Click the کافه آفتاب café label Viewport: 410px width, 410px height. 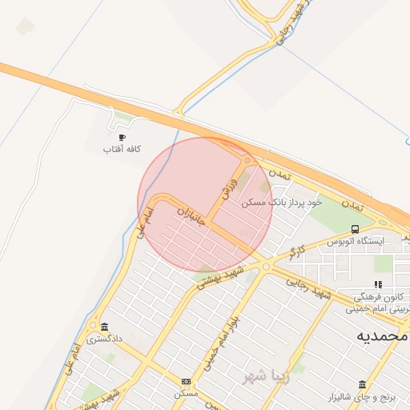122,150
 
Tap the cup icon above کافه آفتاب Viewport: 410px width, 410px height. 122,138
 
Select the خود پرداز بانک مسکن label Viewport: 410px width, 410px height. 281,203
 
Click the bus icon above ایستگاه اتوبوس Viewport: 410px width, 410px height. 356,229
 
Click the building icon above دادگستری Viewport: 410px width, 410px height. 105,327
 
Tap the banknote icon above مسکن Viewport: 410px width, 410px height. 187,382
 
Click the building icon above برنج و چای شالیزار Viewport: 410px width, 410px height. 363,384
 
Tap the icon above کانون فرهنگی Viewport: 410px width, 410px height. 378,284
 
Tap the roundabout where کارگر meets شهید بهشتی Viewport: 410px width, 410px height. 265,267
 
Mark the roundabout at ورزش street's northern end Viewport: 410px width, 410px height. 247,160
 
